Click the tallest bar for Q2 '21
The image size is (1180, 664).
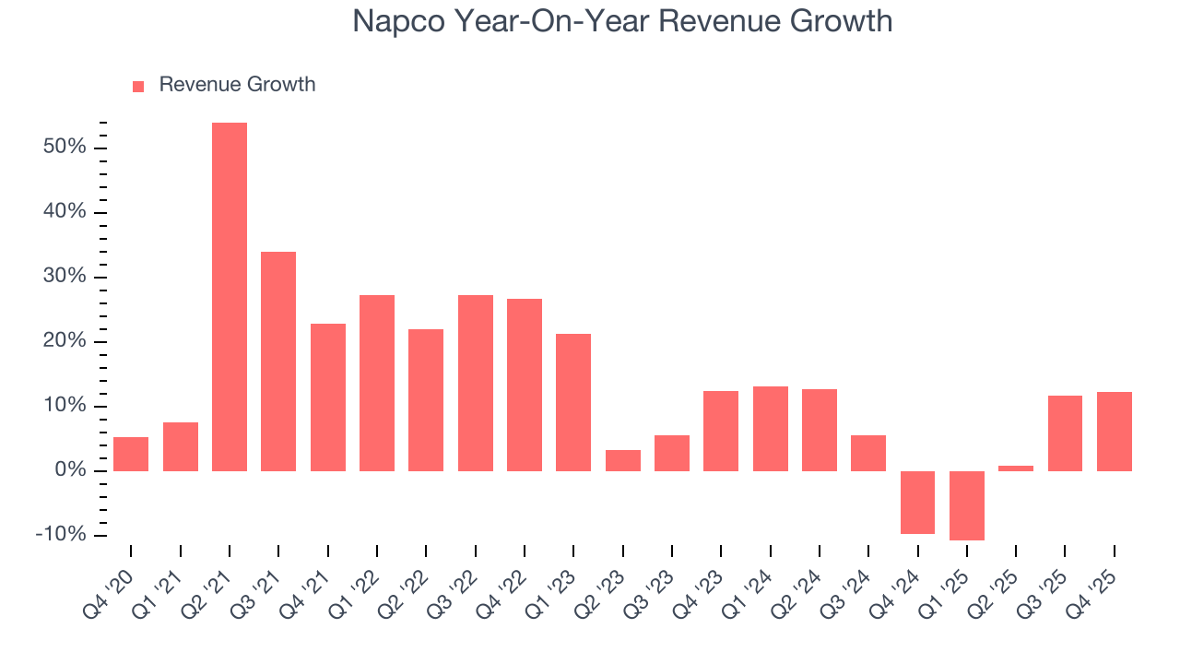(x=230, y=297)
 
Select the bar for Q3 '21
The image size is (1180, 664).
(x=278, y=362)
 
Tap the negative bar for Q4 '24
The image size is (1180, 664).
(x=917, y=503)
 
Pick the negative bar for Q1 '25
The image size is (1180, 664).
(x=967, y=505)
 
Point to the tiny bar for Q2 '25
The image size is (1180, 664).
(x=1016, y=468)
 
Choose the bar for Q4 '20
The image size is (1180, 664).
(x=131, y=454)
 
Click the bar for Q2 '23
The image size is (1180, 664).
(x=622, y=460)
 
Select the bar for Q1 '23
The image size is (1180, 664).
(x=573, y=402)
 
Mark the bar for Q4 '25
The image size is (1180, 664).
(x=1114, y=432)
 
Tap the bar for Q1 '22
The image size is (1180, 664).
(x=377, y=383)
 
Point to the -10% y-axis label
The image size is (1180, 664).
(x=61, y=536)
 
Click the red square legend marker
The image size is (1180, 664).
(x=138, y=86)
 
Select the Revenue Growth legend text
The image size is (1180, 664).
(x=237, y=85)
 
